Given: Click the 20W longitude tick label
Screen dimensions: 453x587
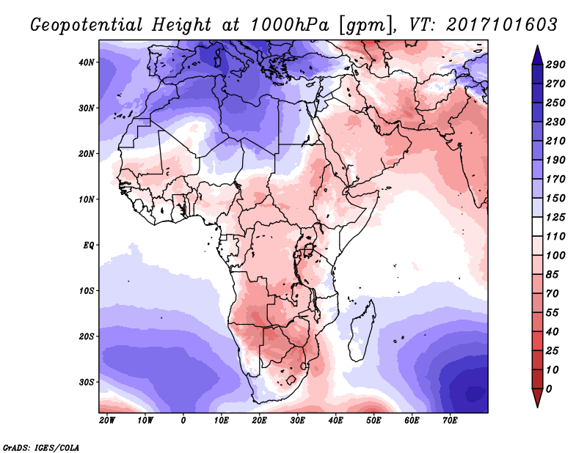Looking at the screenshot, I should pos(107,420).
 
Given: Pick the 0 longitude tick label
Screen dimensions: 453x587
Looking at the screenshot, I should pos(183,420).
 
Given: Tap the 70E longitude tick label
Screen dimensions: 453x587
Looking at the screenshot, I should pos(450,420).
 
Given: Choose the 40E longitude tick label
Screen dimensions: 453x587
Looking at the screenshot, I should pos(335,420).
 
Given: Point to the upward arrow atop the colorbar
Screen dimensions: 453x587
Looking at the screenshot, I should pos(536,53).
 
